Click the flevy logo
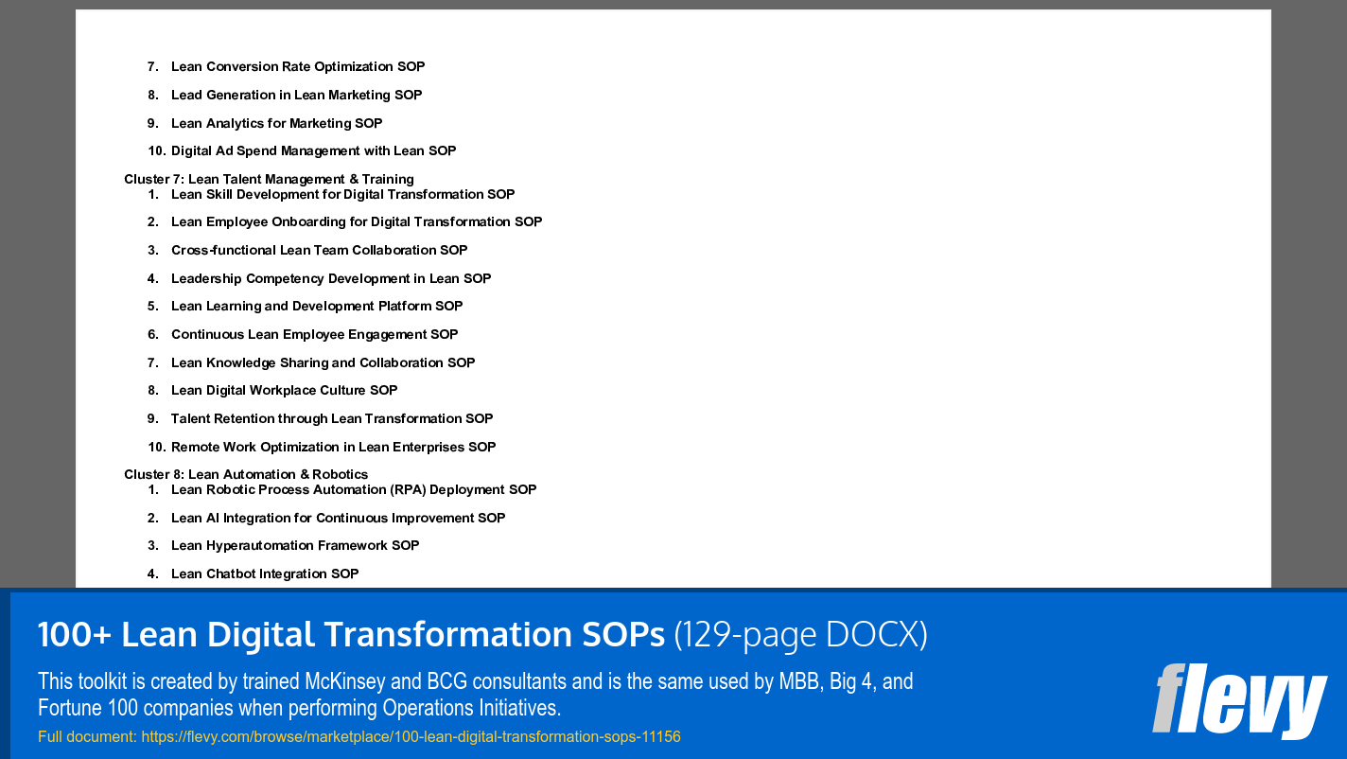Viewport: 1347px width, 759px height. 1239,700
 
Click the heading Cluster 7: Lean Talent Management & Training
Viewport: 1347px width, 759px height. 269,179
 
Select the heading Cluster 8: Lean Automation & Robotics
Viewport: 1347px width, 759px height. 246,474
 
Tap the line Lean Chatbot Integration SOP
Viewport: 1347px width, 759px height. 265,574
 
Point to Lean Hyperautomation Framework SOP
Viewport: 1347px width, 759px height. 295,545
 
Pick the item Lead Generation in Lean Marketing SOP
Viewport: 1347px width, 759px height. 296,95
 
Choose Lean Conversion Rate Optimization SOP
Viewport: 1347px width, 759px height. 298,66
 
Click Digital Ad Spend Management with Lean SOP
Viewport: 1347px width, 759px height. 313,150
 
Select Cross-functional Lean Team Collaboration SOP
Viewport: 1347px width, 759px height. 319,250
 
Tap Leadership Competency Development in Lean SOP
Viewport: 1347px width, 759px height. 331,278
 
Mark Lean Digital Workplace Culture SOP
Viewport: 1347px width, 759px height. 284,390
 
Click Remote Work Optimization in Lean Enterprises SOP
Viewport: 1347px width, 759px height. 333,447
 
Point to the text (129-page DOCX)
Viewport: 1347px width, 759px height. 800,635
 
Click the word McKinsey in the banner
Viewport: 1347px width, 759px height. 344,681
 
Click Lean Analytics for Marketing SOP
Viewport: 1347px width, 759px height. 276,123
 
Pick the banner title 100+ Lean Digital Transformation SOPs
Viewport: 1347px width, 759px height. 351,635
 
